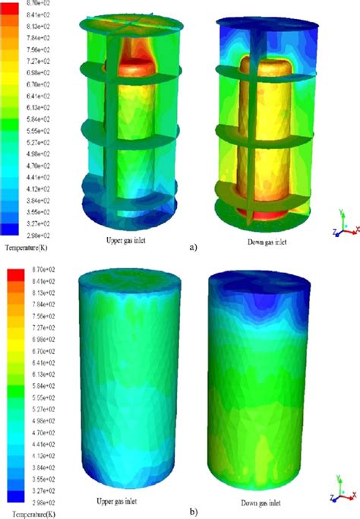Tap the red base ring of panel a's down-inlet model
pos(262,215)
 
